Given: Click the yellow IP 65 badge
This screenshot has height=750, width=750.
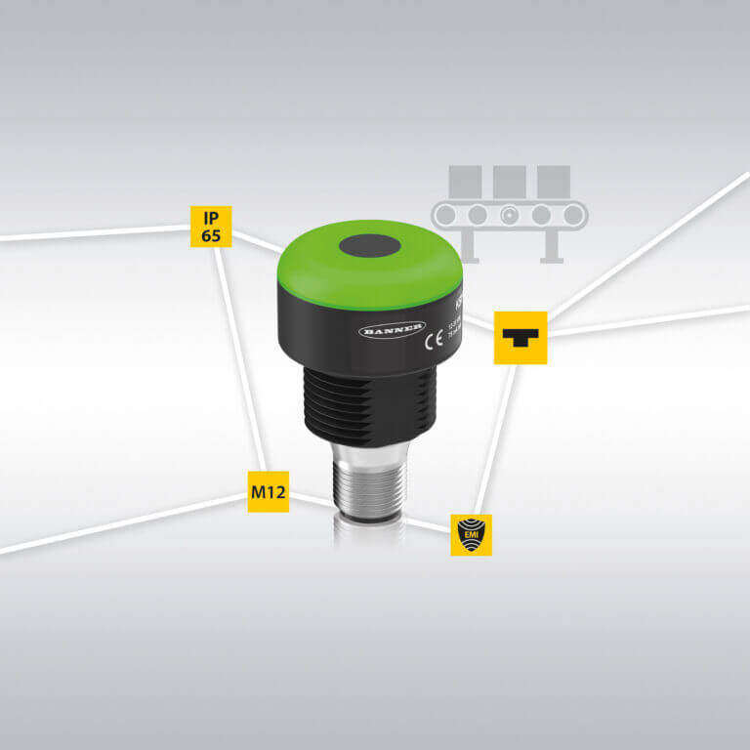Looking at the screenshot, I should click(x=211, y=226).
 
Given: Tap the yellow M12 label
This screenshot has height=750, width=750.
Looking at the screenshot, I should click(x=267, y=491).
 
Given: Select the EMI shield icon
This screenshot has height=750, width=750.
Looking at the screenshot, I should click(x=471, y=535).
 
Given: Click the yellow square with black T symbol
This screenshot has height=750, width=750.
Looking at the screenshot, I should click(x=520, y=338).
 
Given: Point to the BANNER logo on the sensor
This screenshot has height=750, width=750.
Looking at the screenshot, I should click(x=393, y=330).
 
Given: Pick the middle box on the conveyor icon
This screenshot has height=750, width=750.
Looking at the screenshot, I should click(x=509, y=181).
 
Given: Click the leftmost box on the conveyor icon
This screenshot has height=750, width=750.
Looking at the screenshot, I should click(x=465, y=181).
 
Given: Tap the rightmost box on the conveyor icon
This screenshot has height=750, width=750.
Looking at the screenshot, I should click(x=553, y=181).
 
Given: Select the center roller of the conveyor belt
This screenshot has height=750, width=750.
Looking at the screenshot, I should click(x=509, y=214).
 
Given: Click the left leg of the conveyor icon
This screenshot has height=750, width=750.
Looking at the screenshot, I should click(x=471, y=244).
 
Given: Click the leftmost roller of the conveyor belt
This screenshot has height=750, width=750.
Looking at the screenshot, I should click(x=446, y=214).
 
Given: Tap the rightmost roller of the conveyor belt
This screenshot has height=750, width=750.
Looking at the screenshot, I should click(x=571, y=214).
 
